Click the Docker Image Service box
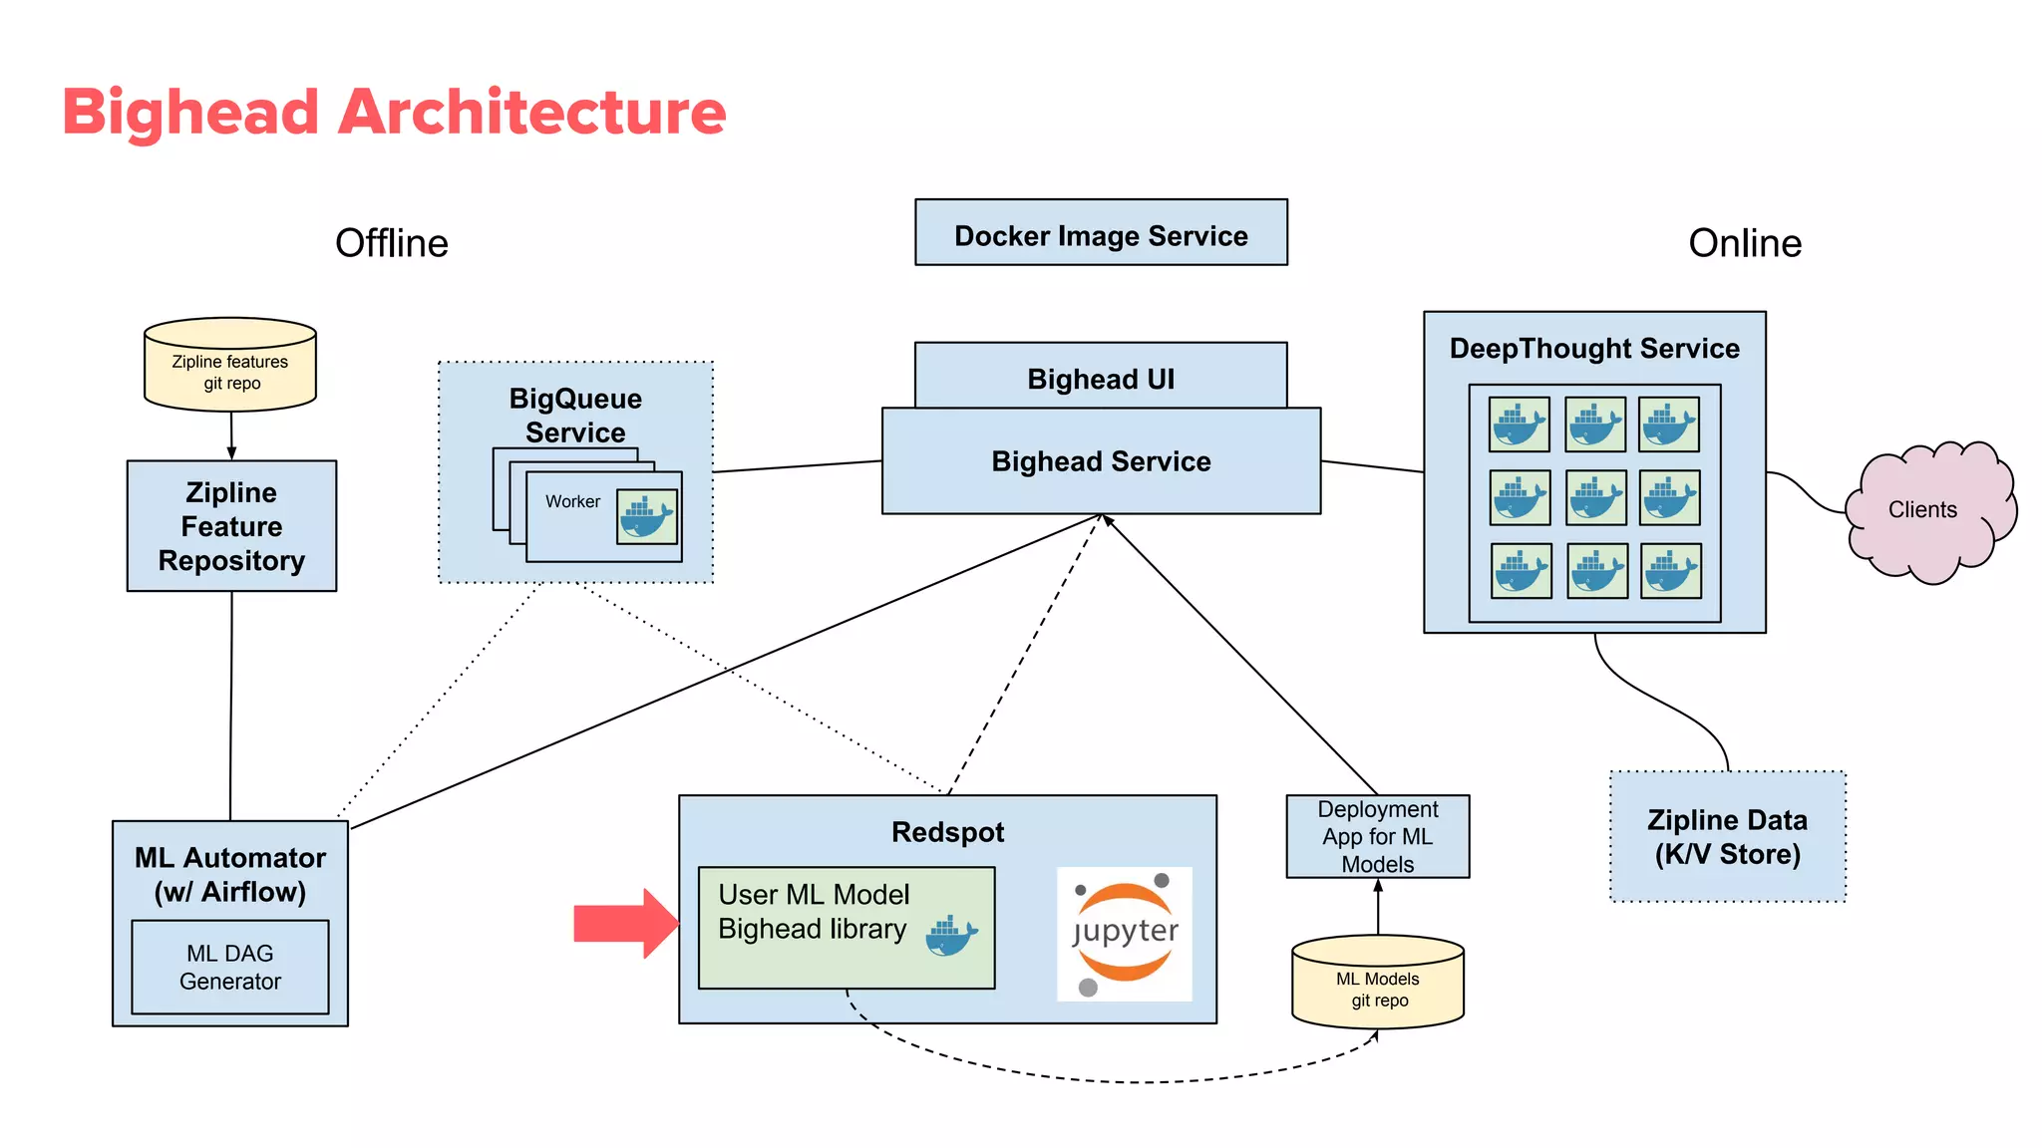tap(1101, 233)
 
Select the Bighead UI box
tap(1101, 378)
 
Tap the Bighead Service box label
tap(1101, 461)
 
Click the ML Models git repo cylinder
tap(1378, 985)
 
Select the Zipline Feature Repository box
tap(231, 526)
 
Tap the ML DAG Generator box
tap(230, 968)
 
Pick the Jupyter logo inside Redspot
tap(1125, 934)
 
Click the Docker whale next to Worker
tap(647, 516)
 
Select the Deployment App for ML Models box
tap(1377, 837)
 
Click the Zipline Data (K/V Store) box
tap(1727, 837)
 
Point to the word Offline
tap(392, 243)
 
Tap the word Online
tap(1745, 243)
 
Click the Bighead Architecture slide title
tap(394, 112)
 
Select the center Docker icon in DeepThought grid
tap(1595, 497)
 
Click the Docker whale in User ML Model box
tap(950, 936)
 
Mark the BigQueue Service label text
tap(575, 415)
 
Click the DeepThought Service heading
tap(1593, 349)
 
